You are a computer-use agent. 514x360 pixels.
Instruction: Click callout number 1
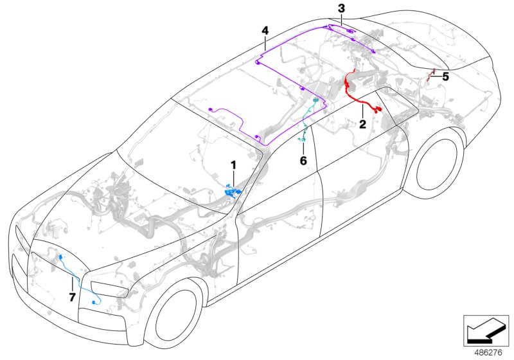point(234,166)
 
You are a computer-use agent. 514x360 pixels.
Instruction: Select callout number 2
point(362,123)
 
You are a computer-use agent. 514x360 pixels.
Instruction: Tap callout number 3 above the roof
point(342,8)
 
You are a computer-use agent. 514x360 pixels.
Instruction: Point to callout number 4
point(265,30)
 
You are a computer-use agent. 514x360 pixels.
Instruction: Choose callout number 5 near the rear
point(445,76)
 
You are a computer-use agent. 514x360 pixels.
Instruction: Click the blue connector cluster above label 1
point(230,190)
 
